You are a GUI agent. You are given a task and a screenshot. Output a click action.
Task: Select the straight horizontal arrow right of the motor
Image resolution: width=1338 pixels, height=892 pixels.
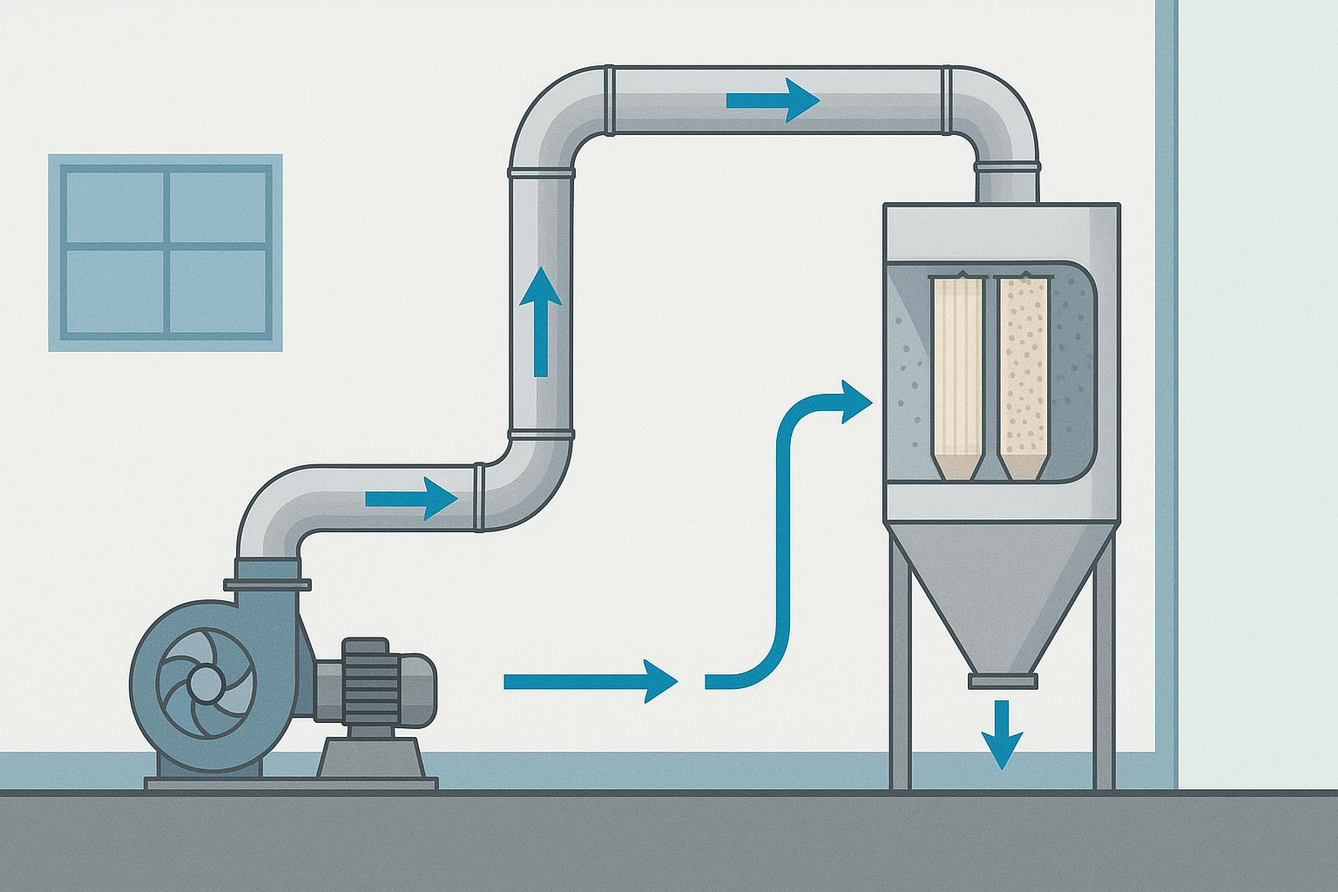(590, 680)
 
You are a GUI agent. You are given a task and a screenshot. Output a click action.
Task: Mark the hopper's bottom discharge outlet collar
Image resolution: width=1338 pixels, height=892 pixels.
(1002, 679)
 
